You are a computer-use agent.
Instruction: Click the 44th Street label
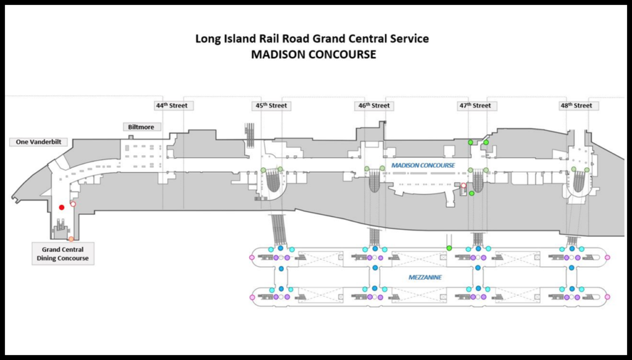pyautogui.click(x=171, y=106)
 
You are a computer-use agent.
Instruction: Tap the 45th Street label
pyautogui.click(x=272, y=106)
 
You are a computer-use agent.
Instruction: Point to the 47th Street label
pyautogui.click(x=475, y=106)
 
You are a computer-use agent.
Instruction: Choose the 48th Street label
pyautogui.click(x=576, y=106)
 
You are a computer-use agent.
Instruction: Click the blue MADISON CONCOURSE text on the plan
pyautogui.click(x=423, y=165)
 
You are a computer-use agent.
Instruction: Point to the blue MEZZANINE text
pyautogui.click(x=425, y=277)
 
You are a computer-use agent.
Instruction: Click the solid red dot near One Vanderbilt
pyautogui.click(x=61, y=207)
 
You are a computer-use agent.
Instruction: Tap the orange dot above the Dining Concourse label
pyautogui.click(x=71, y=239)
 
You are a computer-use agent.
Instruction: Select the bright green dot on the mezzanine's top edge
pyautogui.click(x=449, y=248)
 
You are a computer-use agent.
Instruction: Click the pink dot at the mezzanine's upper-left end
pyautogui.click(x=251, y=256)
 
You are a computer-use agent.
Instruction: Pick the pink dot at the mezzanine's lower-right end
pyautogui.click(x=607, y=297)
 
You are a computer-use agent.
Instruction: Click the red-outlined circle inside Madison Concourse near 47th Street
pyautogui.click(x=464, y=185)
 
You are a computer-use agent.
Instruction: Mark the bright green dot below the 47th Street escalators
pyautogui.click(x=472, y=194)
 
